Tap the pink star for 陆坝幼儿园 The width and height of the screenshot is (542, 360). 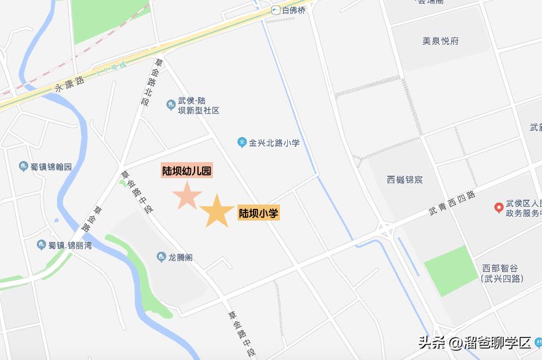click(187, 196)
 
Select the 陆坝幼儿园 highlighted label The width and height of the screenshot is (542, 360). click(187, 171)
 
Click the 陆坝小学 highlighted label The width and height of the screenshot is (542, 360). click(258, 214)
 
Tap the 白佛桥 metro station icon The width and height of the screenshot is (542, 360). click(276, 10)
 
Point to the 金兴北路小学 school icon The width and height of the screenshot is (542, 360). click(242, 143)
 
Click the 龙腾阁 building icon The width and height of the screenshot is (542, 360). click(161, 256)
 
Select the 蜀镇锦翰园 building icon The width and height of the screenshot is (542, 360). click(23, 166)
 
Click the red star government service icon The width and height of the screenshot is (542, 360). click(498, 208)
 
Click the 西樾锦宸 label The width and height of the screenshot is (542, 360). click(405, 180)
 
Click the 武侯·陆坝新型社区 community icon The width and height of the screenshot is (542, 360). click(171, 106)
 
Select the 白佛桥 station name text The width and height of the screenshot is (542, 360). click(293, 10)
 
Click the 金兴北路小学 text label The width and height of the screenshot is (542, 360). click(274, 143)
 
